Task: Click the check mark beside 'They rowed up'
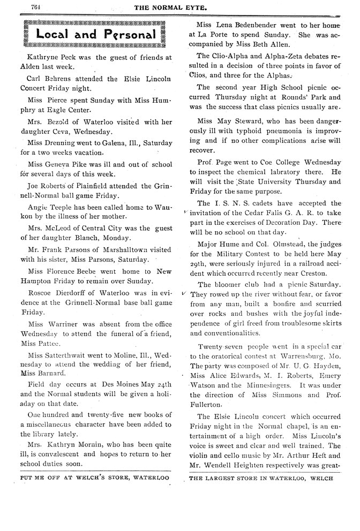pos(184,293)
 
